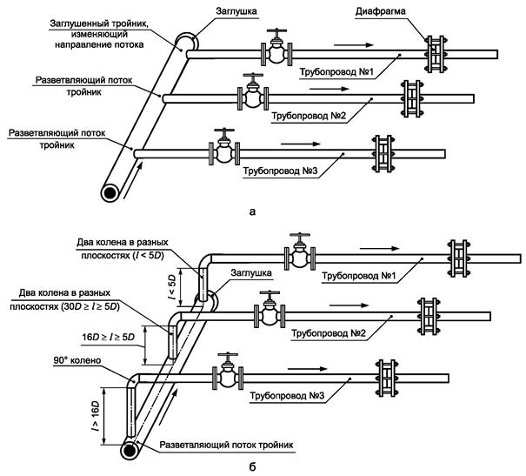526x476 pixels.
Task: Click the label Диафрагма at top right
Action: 381,11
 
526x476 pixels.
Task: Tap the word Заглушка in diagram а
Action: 236,11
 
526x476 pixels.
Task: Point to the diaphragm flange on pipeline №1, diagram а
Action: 435,54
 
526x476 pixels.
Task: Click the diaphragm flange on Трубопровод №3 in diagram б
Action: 387,379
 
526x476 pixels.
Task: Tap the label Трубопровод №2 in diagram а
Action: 309,116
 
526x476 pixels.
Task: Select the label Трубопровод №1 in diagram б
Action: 359,276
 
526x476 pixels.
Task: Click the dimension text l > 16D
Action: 96,416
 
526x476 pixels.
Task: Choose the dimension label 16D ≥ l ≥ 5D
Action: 108,337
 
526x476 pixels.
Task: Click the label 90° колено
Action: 77,360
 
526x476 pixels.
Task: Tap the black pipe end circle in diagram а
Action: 110,192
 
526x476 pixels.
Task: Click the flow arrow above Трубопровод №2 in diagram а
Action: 330,89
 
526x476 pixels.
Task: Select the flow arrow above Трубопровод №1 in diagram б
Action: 379,248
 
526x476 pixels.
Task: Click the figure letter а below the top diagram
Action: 253,211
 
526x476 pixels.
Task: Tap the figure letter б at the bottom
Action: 253,467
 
